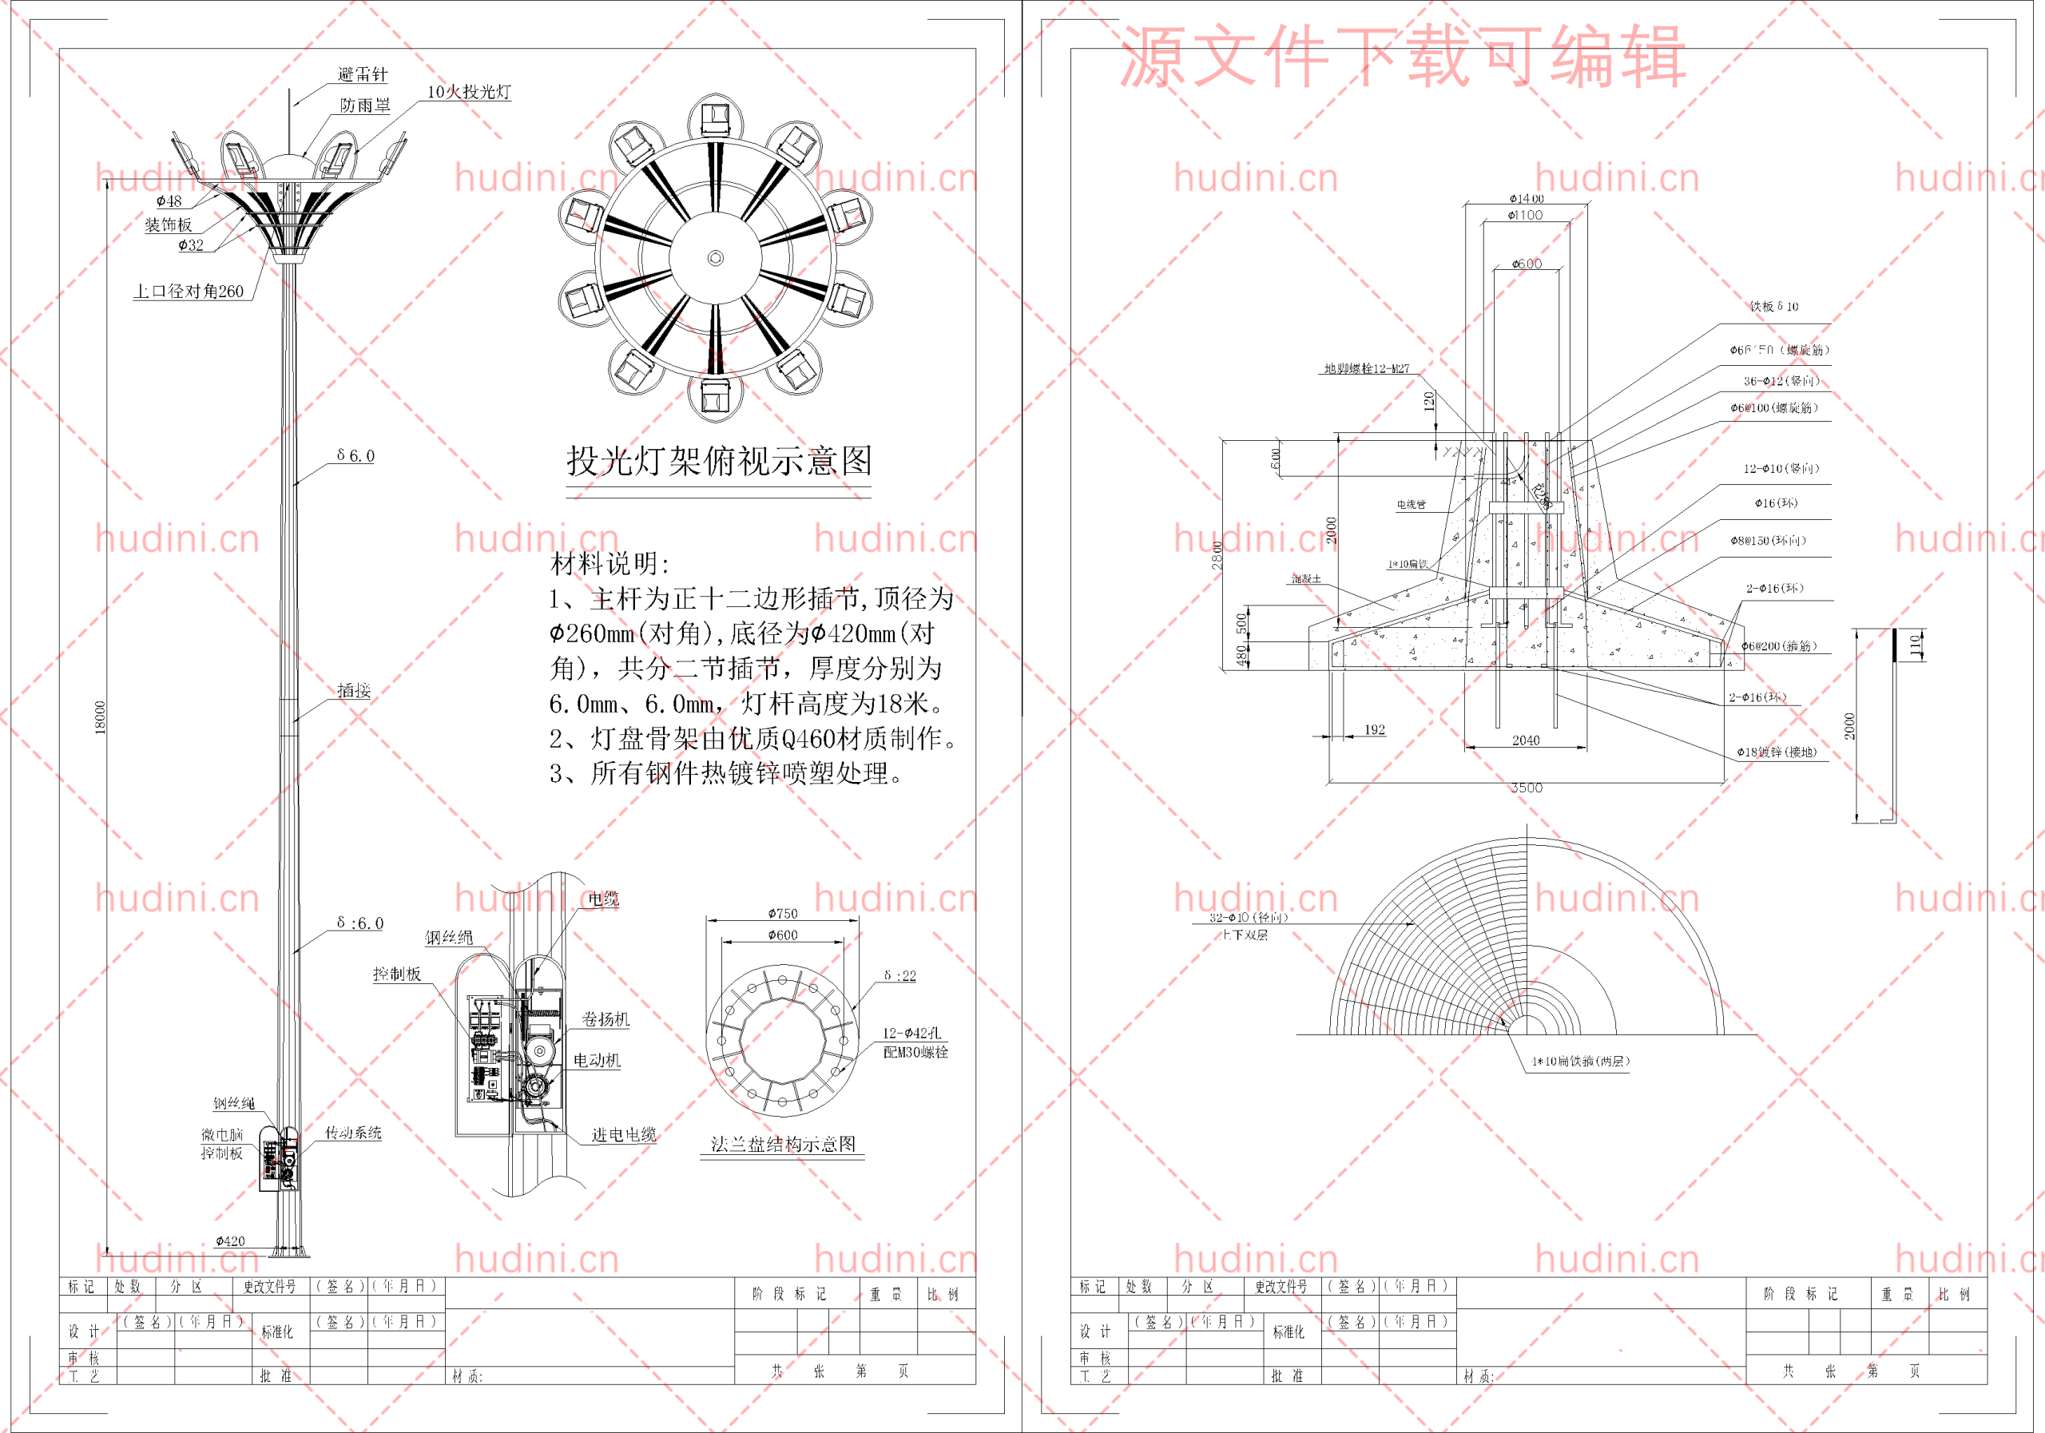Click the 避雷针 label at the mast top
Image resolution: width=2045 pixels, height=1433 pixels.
(x=363, y=75)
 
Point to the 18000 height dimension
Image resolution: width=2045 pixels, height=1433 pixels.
(x=100, y=717)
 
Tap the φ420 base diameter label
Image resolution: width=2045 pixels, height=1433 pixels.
(x=230, y=1240)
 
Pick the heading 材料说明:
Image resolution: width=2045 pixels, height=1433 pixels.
(x=610, y=563)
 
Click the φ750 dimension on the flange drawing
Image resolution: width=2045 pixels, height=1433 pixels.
(x=783, y=914)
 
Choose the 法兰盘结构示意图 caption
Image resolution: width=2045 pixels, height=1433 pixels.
(x=783, y=1145)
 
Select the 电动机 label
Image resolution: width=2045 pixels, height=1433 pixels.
(x=597, y=1061)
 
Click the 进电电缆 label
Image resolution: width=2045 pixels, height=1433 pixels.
(x=623, y=1134)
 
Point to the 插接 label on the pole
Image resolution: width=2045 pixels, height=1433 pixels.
(x=354, y=690)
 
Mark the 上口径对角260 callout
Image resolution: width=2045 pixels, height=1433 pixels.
(x=188, y=292)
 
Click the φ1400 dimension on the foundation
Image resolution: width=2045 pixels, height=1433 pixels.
(x=1526, y=199)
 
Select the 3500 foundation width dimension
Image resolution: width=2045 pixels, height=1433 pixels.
(x=1526, y=788)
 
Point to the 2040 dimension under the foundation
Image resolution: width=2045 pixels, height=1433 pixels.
(x=1526, y=740)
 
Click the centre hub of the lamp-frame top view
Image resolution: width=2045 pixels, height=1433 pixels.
(x=715, y=258)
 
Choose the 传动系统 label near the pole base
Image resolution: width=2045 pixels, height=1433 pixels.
(x=353, y=1133)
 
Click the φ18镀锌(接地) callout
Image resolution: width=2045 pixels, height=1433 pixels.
(x=1776, y=752)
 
